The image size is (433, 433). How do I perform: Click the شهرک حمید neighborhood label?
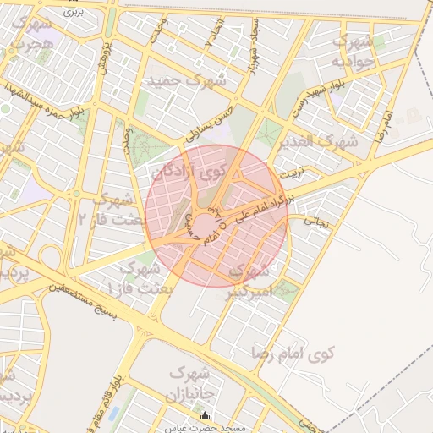tap(187, 81)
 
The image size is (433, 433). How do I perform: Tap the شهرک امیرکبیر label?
tap(251, 282)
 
